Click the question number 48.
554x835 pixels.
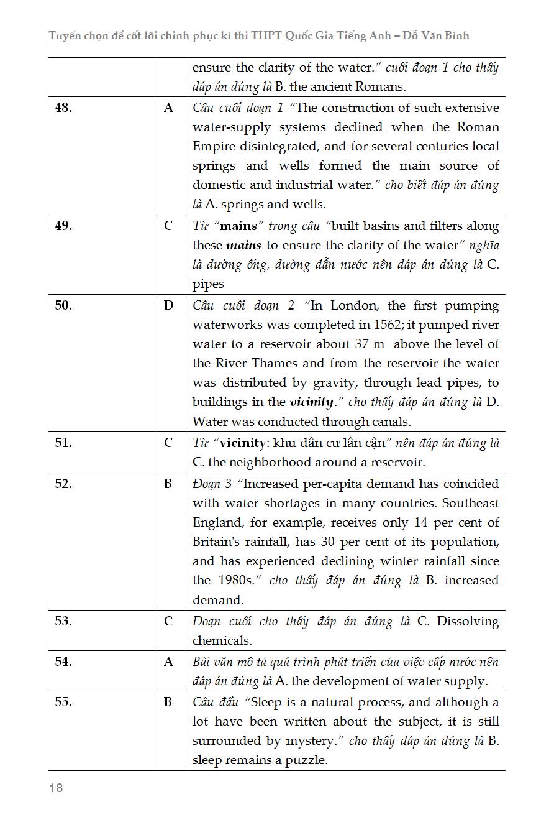[63, 108]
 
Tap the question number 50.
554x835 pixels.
[63, 305]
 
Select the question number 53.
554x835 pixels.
[63, 621]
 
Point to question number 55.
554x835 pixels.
[63, 703]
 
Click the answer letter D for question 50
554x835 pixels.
[169, 305]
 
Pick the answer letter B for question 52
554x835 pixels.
[168, 484]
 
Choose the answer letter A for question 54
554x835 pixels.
[169, 662]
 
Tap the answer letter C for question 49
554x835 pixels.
[169, 226]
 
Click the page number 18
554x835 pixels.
[56, 788]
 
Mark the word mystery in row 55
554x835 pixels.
[314, 741]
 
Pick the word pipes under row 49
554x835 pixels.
[208, 284]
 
